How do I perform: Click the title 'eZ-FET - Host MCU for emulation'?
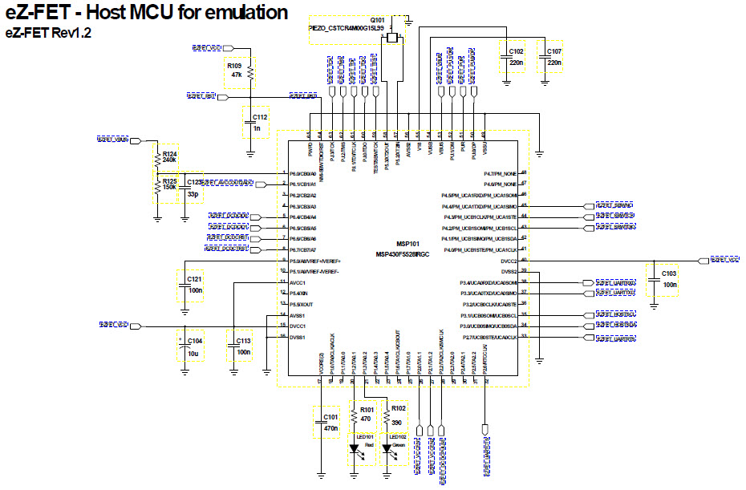(147, 13)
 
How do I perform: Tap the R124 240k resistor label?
(169, 156)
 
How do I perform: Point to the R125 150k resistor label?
(169, 186)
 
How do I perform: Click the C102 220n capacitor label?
(515, 56)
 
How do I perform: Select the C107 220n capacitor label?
(553, 56)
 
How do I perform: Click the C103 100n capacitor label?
(670, 278)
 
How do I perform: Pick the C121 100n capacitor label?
(194, 283)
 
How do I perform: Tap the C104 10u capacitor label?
(194, 346)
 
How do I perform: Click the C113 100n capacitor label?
(244, 346)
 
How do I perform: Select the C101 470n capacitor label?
(330, 422)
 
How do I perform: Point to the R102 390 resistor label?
(399, 414)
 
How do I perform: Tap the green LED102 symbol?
(391, 452)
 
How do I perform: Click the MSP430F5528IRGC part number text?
(403, 254)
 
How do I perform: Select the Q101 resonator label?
(377, 21)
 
